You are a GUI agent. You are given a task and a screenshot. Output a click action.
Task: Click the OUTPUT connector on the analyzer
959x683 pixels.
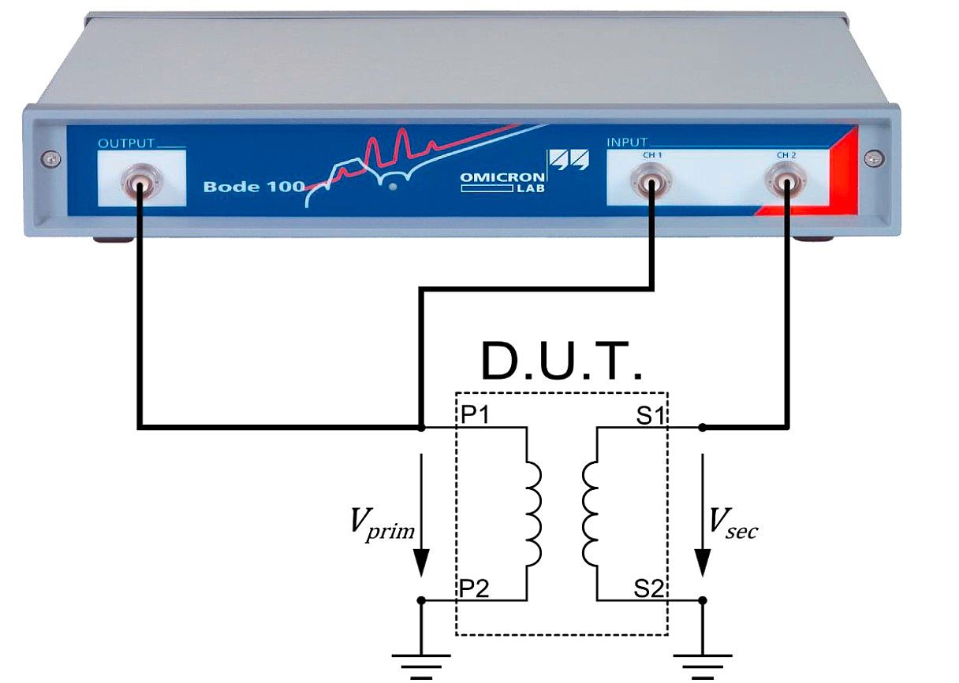pyautogui.click(x=139, y=185)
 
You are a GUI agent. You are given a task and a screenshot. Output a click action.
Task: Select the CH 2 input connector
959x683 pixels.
pyautogui.click(x=786, y=185)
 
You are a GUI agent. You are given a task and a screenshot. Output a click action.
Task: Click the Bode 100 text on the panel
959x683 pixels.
pyautogui.click(x=252, y=187)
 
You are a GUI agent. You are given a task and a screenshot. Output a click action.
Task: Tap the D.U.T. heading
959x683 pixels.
pyautogui.click(x=562, y=362)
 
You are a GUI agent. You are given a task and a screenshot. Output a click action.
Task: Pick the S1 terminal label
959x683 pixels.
pyautogui.click(x=649, y=415)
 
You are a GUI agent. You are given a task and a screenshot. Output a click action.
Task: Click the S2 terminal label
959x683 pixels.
pyautogui.click(x=651, y=588)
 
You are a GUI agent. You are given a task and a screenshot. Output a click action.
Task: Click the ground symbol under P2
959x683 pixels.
pyautogui.click(x=422, y=660)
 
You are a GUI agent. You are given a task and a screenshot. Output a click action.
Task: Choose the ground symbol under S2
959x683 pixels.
pyautogui.click(x=703, y=660)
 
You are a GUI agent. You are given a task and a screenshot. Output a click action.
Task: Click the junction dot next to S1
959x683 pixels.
pyautogui.click(x=703, y=427)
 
